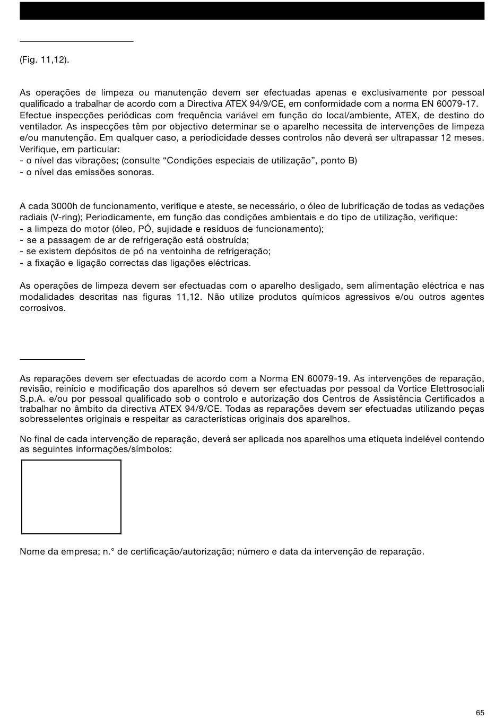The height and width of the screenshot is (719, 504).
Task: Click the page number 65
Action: point(480,713)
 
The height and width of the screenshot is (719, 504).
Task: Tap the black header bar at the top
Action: point(252,11)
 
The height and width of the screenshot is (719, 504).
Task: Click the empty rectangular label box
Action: point(71,497)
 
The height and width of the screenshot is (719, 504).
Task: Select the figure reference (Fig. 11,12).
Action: point(45,59)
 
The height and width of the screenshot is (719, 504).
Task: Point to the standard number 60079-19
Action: point(328,378)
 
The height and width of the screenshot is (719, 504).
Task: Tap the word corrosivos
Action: point(43,308)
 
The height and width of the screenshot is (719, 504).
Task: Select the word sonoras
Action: point(138,172)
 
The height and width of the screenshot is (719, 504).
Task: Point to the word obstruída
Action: point(229,240)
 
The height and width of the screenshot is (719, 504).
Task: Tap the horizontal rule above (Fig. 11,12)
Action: point(76,41)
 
